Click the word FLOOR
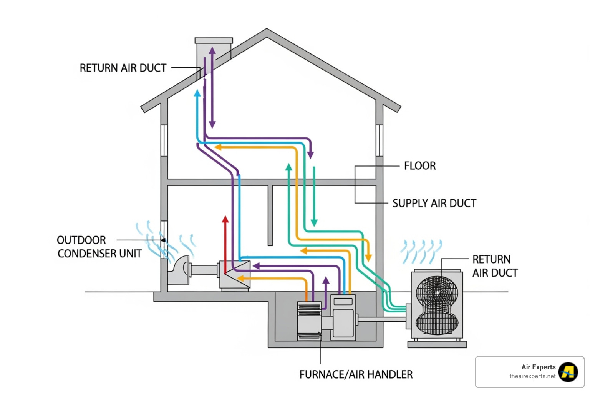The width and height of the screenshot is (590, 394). point(420,166)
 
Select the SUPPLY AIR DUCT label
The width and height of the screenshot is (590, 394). point(434,203)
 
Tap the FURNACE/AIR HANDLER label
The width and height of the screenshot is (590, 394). point(356,374)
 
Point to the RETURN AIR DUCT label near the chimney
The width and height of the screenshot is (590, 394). point(123,68)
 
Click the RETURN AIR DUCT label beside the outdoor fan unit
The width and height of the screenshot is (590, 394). point(495,266)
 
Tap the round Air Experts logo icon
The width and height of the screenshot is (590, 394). point(568,372)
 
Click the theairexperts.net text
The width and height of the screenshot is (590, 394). point(532,376)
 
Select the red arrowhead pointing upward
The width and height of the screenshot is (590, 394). point(225,219)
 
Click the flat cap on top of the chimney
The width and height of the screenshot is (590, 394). point(214,40)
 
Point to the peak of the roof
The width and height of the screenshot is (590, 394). point(267,30)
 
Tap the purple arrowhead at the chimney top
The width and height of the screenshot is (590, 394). point(212,50)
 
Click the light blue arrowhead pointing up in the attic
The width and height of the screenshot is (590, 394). point(197,93)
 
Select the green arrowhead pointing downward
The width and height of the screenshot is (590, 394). point(314,222)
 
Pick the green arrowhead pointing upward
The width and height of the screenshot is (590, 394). point(289,167)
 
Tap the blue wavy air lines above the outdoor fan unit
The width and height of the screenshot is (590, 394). point(421,252)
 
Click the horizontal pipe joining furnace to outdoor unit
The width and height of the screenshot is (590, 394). point(380,319)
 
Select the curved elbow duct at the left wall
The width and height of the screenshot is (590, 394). point(179,269)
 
